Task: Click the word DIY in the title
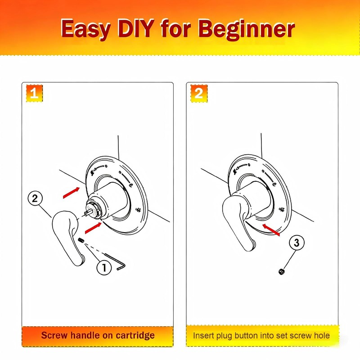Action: pos(135,28)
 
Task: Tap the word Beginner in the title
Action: pos(246,30)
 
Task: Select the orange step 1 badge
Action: pos(34,93)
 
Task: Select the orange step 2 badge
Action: pos(199,93)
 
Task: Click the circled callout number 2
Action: pos(35,198)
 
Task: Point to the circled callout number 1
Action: pos(104,267)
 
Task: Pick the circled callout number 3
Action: pos(297,243)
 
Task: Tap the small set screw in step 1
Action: pos(81,240)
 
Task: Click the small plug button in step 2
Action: pos(282,272)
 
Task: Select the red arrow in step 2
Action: pos(271,230)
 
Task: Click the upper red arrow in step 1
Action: pos(71,193)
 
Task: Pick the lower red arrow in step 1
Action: pos(93,228)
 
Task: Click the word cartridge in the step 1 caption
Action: pos(135,336)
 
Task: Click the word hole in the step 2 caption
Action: pos(322,335)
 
